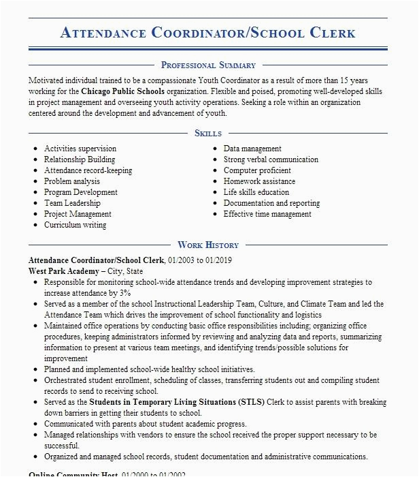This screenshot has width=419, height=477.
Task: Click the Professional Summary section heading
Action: [x=208, y=65]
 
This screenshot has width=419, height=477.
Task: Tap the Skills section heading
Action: [x=208, y=134]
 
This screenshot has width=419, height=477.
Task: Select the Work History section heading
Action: [x=208, y=245]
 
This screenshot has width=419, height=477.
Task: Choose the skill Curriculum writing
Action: [x=75, y=225]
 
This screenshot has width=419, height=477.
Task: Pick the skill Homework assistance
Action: [x=259, y=181]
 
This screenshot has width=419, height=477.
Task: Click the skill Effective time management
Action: [x=267, y=214]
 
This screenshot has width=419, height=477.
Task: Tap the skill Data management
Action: [x=252, y=149]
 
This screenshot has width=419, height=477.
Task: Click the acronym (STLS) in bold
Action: [x=249, y=402]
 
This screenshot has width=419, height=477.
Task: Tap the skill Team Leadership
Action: [x=72, y=203]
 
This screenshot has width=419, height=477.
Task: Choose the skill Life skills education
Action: [x=256, y=192]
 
